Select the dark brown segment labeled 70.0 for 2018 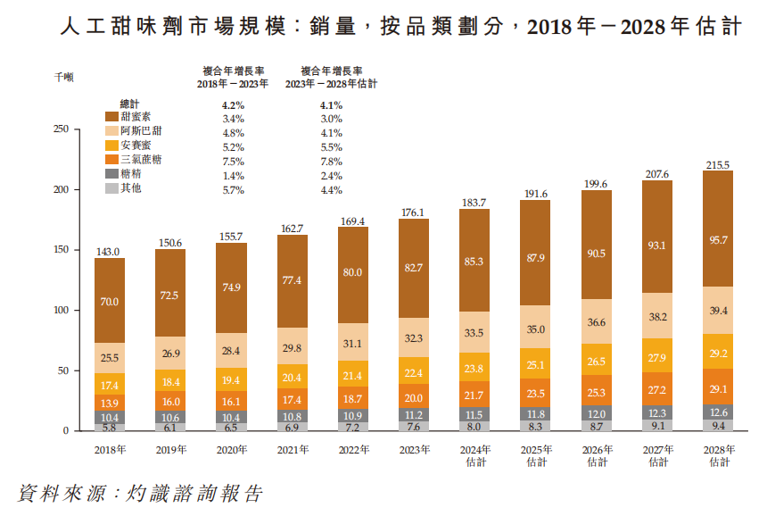click(110, 302)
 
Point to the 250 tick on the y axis click(61, 129)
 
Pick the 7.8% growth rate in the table click(331, 161)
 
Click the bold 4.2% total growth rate click(233, 104)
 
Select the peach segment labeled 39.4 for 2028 click(717, 310)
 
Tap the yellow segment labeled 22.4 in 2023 click(414, 372)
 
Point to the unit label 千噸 click(63, 78)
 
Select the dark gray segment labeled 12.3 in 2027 click(656, 412)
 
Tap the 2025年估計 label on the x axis click(535, 456)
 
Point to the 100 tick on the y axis click(61, 311)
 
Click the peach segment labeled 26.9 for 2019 click(170, 353)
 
